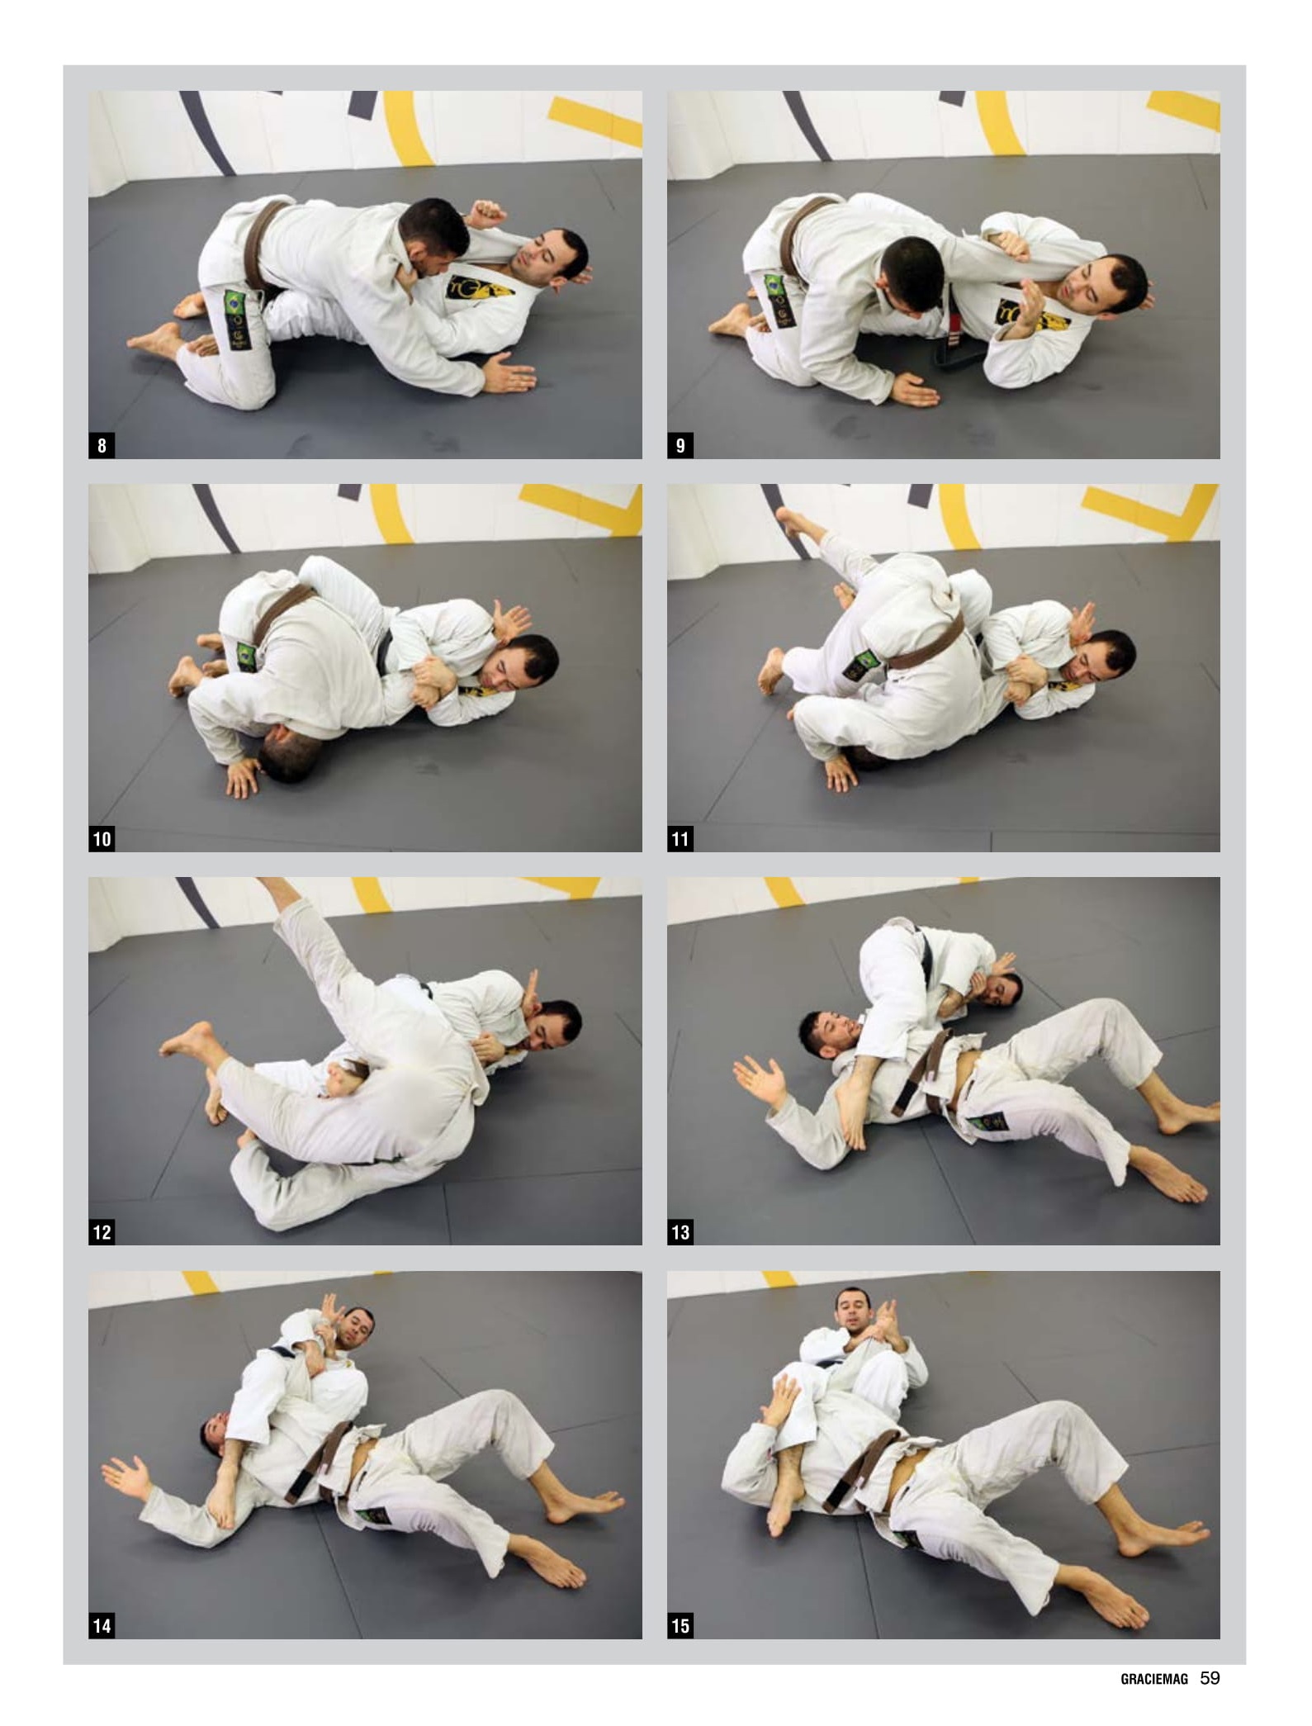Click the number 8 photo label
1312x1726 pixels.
coord(102,446)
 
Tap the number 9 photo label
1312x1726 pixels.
coord(680,446)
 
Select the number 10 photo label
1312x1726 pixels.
coord(102,839)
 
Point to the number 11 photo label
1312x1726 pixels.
coord(680,839)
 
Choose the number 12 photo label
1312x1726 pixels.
coord(102,1232)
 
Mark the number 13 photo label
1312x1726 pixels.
coord(680,1232)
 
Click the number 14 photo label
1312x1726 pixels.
coord(102,1626)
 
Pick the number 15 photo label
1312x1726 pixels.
coord(680,1626)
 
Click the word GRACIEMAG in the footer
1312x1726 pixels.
coord(1154,1679)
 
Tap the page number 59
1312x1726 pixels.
coord(1210,1678)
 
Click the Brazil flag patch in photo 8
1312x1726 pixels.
coord(234,301)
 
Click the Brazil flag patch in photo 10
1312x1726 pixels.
coord(246,656)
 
